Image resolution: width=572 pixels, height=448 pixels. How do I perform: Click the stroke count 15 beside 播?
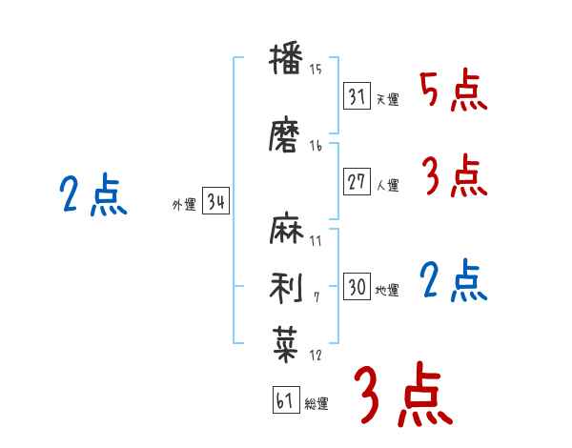pyautogui.click(x=316, y=70)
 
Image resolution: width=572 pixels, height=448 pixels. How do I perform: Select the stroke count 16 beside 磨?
pyautogui.click(x=316, y=146)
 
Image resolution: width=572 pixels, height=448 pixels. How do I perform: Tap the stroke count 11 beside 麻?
pyautogui.click(x=316, y=241)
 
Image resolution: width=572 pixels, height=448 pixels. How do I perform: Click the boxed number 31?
pyautogui.click(x=357, y=95)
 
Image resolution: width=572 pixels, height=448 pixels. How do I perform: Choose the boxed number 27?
pyautogui.click(x=357, y=182)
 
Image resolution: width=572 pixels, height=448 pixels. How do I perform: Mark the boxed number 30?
pyautogui.click(x=357, y=287)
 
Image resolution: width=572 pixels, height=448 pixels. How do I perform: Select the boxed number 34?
pyautogui.click(x=215, y=202)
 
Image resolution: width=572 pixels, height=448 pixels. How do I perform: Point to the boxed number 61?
pyautogui.click(x=285, y=400)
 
